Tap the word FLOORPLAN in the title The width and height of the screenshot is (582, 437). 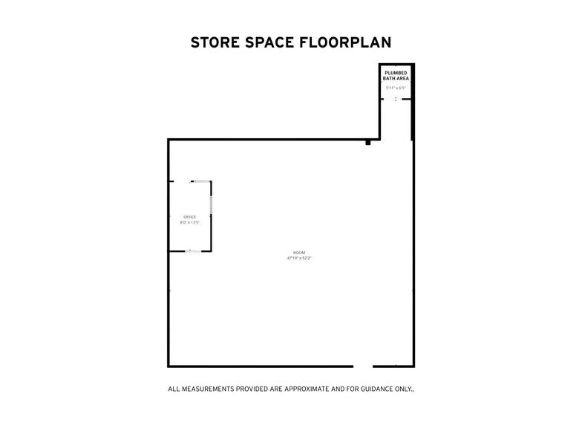(346, 42)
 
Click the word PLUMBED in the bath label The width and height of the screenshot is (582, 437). (396, 73)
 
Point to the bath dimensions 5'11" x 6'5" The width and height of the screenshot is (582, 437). (396, 88)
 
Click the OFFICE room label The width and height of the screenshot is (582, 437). (189, 216)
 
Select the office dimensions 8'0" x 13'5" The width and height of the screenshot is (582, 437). (189, 222)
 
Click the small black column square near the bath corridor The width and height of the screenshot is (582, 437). (367, 142)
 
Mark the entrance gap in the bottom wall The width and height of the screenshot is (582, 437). (362, 366)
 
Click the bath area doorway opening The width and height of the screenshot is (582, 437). (396, 99)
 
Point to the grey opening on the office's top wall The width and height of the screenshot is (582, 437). (200, 181)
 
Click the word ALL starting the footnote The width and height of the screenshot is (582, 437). (174, 389)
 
